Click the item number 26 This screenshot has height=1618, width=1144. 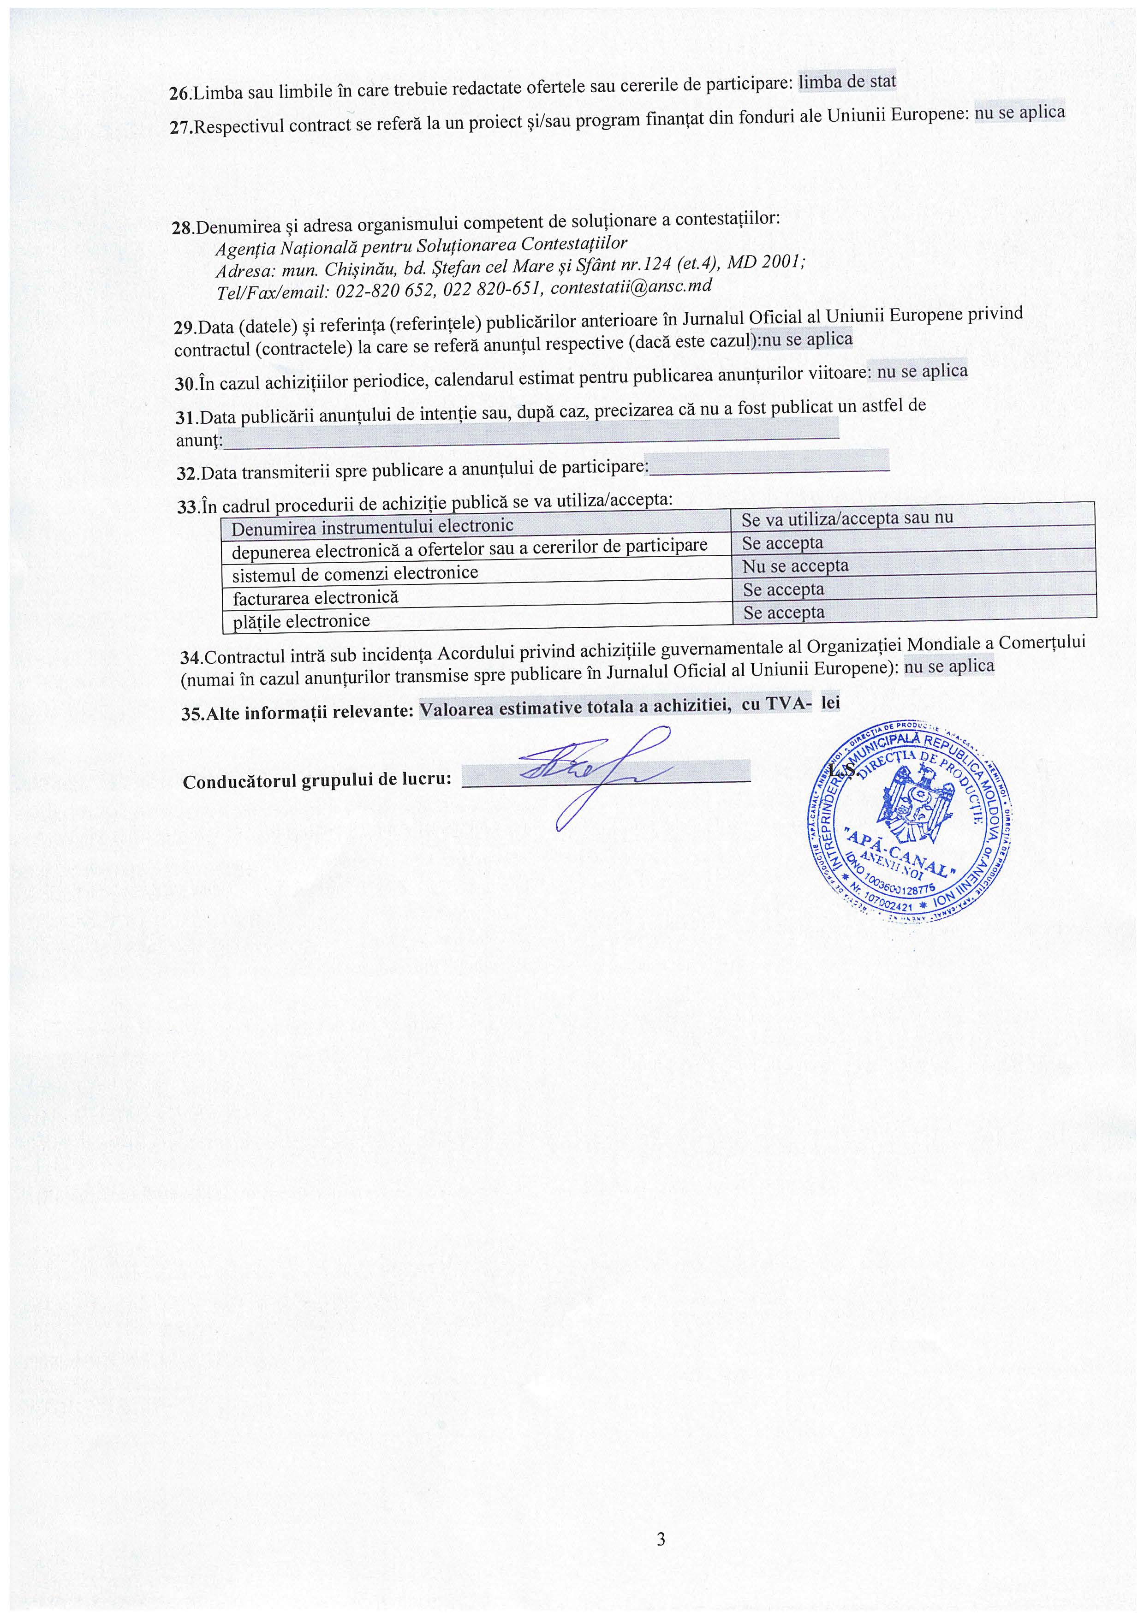180,94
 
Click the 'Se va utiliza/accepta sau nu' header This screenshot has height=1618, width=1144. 846,518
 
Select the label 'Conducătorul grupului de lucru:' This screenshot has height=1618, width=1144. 316,781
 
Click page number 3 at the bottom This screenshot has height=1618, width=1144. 661,1539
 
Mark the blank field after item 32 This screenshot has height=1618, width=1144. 769,462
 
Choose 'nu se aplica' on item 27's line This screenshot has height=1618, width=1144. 1019,113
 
